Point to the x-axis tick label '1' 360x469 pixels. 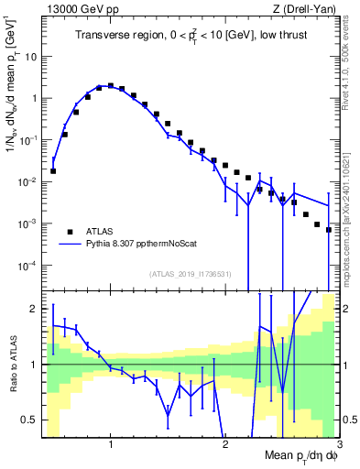click(x=111, y=446)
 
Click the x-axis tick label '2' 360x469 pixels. click(x=225, y=446)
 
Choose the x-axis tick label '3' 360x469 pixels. click(x=338, y=446)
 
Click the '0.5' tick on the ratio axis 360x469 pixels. click(x=28, y=420)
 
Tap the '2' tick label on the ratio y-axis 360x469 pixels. click(x=33, y=309)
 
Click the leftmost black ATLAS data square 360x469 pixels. click(x=53, y=170)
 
